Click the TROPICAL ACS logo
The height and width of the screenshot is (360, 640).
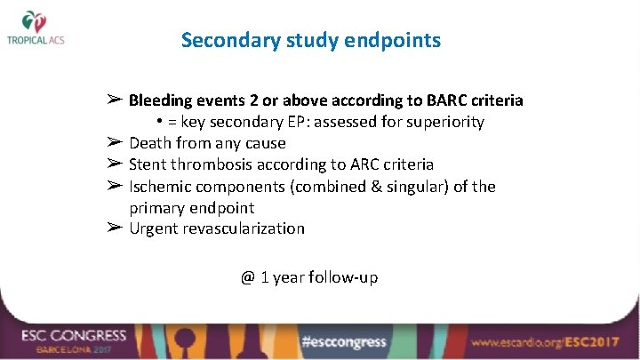click(x=36, y=28)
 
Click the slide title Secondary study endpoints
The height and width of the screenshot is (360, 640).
click(x=310, y=40)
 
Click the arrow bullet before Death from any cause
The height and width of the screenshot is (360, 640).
click(x=114, y=142)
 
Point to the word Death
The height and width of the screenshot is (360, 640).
click(x=149, y=143)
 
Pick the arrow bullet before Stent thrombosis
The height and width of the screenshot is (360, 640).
click(x=114, y=164)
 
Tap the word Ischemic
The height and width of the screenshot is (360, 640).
click(x=161, y=186)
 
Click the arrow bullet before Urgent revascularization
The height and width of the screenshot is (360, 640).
click(x=114, y=228)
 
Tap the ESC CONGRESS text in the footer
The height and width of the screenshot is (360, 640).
click(x=75, y=335)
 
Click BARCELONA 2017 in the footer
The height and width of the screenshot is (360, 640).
click(x=72, y=350)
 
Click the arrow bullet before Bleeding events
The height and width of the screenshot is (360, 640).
click(x=114, y=100)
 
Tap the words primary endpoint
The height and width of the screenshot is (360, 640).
click(x=191, y=207)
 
